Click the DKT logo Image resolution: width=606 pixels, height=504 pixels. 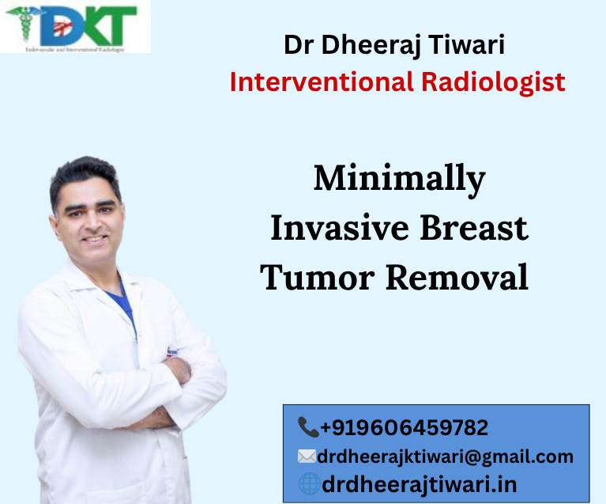(x=75, y=26)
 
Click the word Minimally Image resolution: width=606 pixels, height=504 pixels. (x=399, y=180)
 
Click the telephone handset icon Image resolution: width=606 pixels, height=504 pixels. (x=307, y=428)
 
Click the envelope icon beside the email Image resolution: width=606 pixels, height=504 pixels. (x=307, y=457)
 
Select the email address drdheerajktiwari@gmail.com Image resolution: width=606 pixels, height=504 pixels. (x=445, y=457)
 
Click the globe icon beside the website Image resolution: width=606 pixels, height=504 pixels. (x=309, y=484)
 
